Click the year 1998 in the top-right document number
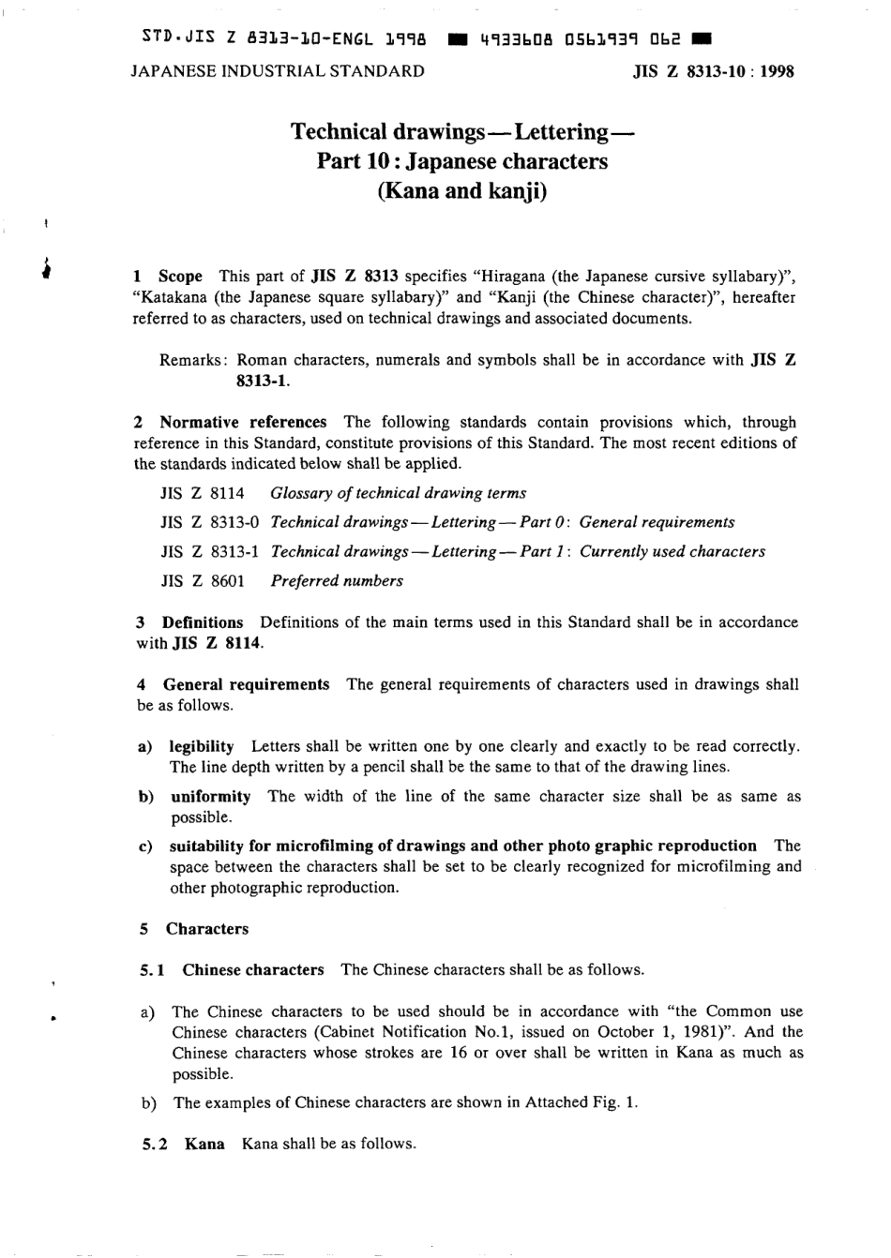tap(778, 71)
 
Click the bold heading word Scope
tap(180, 276)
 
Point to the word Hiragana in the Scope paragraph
tap(514, 276)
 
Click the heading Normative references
tap(243, 422)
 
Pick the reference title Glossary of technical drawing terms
tap(398, 493)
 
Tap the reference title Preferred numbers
tap(337, 580)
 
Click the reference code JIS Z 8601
tap(203, 580)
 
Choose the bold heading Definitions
tap(202, 622)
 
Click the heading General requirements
tap(246, 684)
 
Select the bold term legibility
tap(202, 746)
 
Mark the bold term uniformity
tap(210, 796)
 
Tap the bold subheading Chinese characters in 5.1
tap(253, 969)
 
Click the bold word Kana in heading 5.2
tap(204, 1144)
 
